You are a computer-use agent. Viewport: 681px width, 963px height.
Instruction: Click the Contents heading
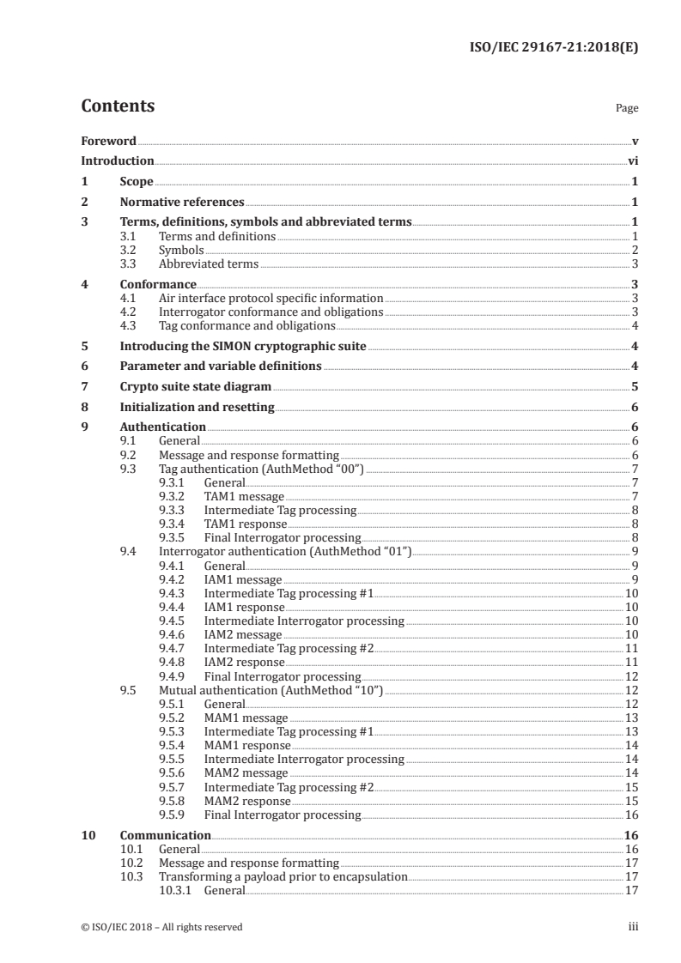pyautogui.click(x=118, y=106)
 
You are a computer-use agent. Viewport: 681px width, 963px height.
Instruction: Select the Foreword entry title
pyautogui.click(x=108, y=141)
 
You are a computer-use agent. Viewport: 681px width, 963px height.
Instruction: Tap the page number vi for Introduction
pyautogui.click(x=633, y=160)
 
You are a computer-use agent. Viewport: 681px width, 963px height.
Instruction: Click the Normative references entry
pyautogui.click(x=182, y=203)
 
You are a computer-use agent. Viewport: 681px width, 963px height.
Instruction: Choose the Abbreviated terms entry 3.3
pyautogui.click(x=209, y=263)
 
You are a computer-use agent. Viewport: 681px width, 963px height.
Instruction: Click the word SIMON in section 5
pyautogui.click(x=249, y=347)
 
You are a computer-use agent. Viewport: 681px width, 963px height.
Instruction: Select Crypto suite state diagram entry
pyautogui.click(x=195, y=386)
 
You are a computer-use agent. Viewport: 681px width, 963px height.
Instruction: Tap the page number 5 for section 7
pyautogui.click(x=634, y=386)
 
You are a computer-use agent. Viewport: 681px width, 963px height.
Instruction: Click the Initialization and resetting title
pyautogui.click(x=197, y=407)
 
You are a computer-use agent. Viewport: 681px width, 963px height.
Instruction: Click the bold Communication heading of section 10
pyautogui.click(x=165, y=835)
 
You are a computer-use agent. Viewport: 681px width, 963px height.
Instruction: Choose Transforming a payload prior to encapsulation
pyautogui.click(x=283, y=877)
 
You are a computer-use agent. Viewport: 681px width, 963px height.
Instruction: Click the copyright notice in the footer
pyautogui.click(x=161, y=927)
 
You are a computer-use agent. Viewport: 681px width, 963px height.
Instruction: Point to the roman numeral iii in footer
pyautogui.click(x=633, y=927)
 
